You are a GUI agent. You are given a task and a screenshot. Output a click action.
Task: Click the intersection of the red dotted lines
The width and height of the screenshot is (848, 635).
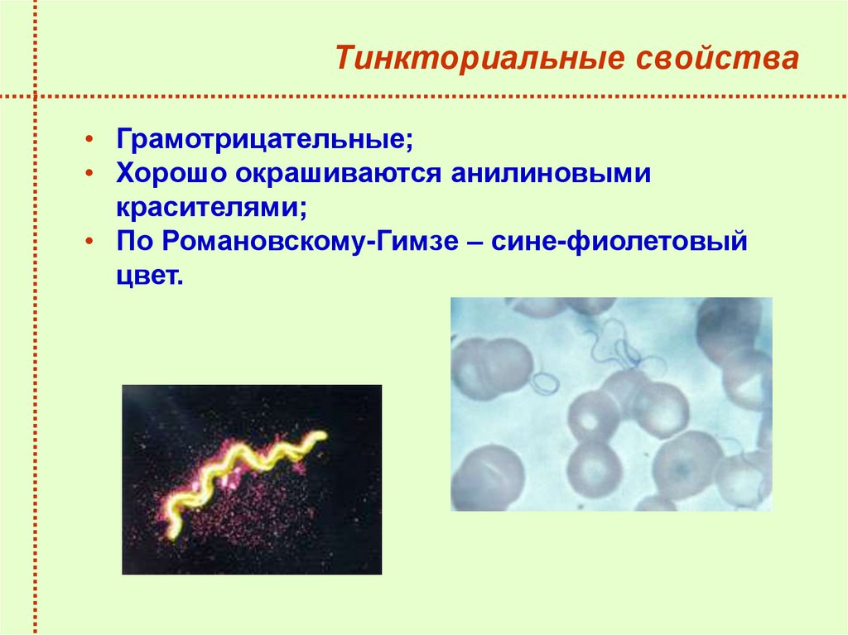[x=36, y=95]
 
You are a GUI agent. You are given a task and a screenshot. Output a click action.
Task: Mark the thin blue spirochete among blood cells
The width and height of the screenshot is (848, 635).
[x=613, y=346]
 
